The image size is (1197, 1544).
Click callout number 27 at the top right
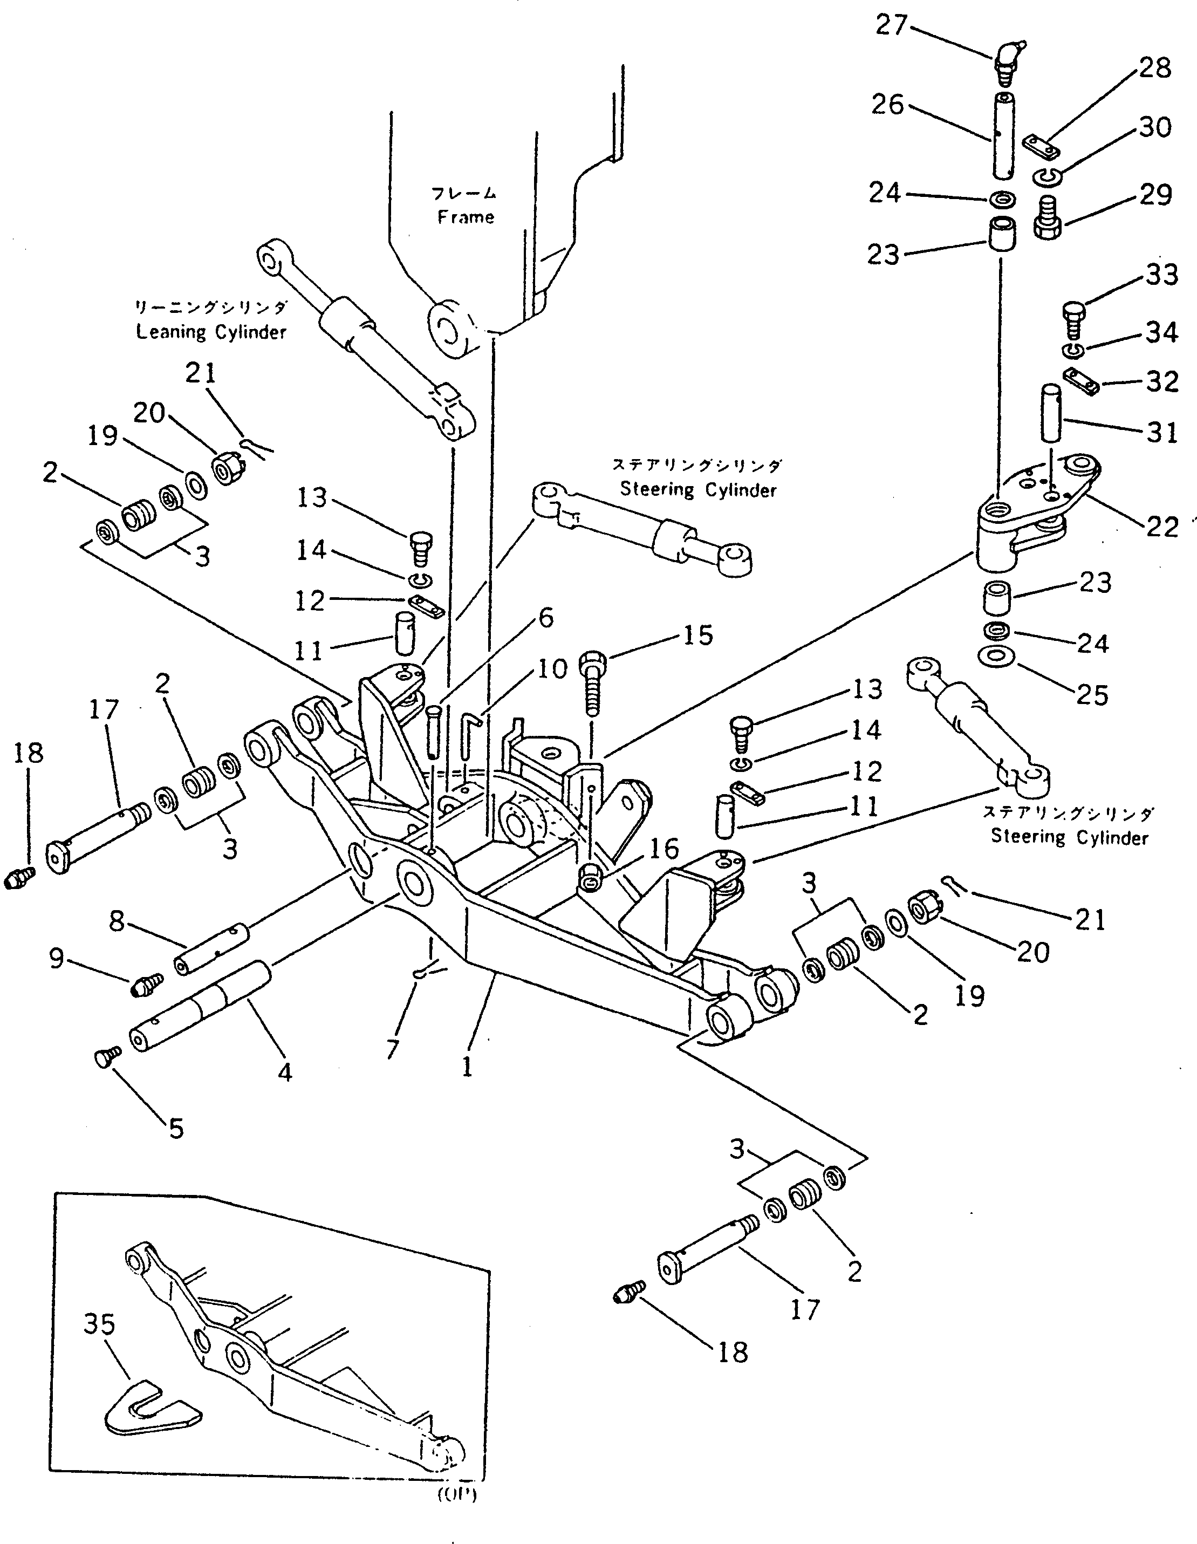click(x=891, y=26)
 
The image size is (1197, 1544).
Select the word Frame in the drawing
click(x=465, y=217)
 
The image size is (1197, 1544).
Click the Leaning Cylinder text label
click(x=211, y=332)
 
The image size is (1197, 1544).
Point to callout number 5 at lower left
click(x=175, y=1128)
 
